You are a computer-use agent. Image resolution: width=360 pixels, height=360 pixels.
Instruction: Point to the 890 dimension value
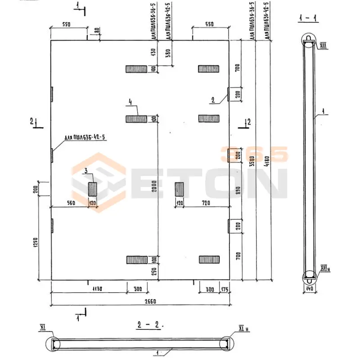pyautogui.click(x=239, y=190)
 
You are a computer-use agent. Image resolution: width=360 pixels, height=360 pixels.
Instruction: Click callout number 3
pyautogui.click(x=85, y=171)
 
